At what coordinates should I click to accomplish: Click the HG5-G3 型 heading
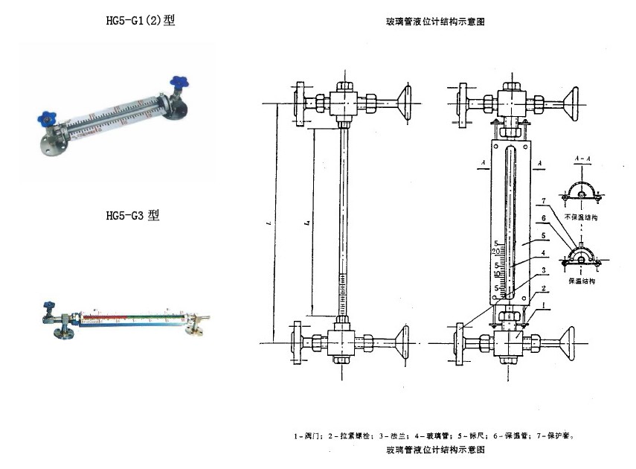(133, 216)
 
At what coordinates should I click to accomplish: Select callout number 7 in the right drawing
(544, 201)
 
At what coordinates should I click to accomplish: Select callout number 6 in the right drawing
(544, 217)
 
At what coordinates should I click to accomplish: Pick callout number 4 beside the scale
(544, 253)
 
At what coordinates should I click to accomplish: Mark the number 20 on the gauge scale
(497, 253)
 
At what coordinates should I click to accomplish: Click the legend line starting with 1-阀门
(434, 435)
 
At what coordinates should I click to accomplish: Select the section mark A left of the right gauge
(484, 161)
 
